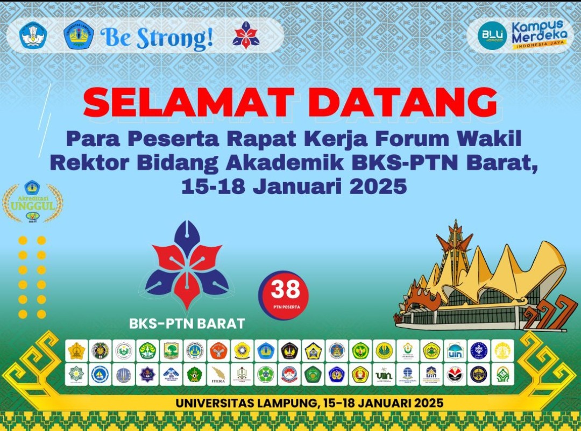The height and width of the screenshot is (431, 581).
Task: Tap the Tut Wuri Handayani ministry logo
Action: tap(33, 35)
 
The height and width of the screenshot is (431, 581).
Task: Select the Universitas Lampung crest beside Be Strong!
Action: tap(79, 35)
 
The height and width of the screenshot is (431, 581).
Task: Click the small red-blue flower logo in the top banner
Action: tap(246, 35)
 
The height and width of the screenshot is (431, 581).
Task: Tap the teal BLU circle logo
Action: tap(492, 35)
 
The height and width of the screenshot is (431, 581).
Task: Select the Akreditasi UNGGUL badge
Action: tap(32, 202)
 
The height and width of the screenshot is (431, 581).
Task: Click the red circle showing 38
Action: tap(284, 294)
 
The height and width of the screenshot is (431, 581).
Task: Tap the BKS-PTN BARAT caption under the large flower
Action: tap(187, 324)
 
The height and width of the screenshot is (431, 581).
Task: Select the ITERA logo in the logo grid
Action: tap(218, 374)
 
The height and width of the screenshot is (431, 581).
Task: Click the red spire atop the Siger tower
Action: tap(455, 231)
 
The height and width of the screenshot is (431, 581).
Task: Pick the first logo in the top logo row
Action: tap(76, 350)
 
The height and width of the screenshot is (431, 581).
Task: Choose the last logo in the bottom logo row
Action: tap(502, 374)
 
